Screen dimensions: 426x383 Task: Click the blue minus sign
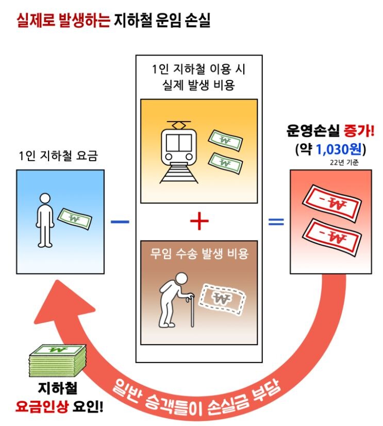120,221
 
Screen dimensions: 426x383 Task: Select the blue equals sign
276,221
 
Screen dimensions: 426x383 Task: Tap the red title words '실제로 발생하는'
62,20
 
